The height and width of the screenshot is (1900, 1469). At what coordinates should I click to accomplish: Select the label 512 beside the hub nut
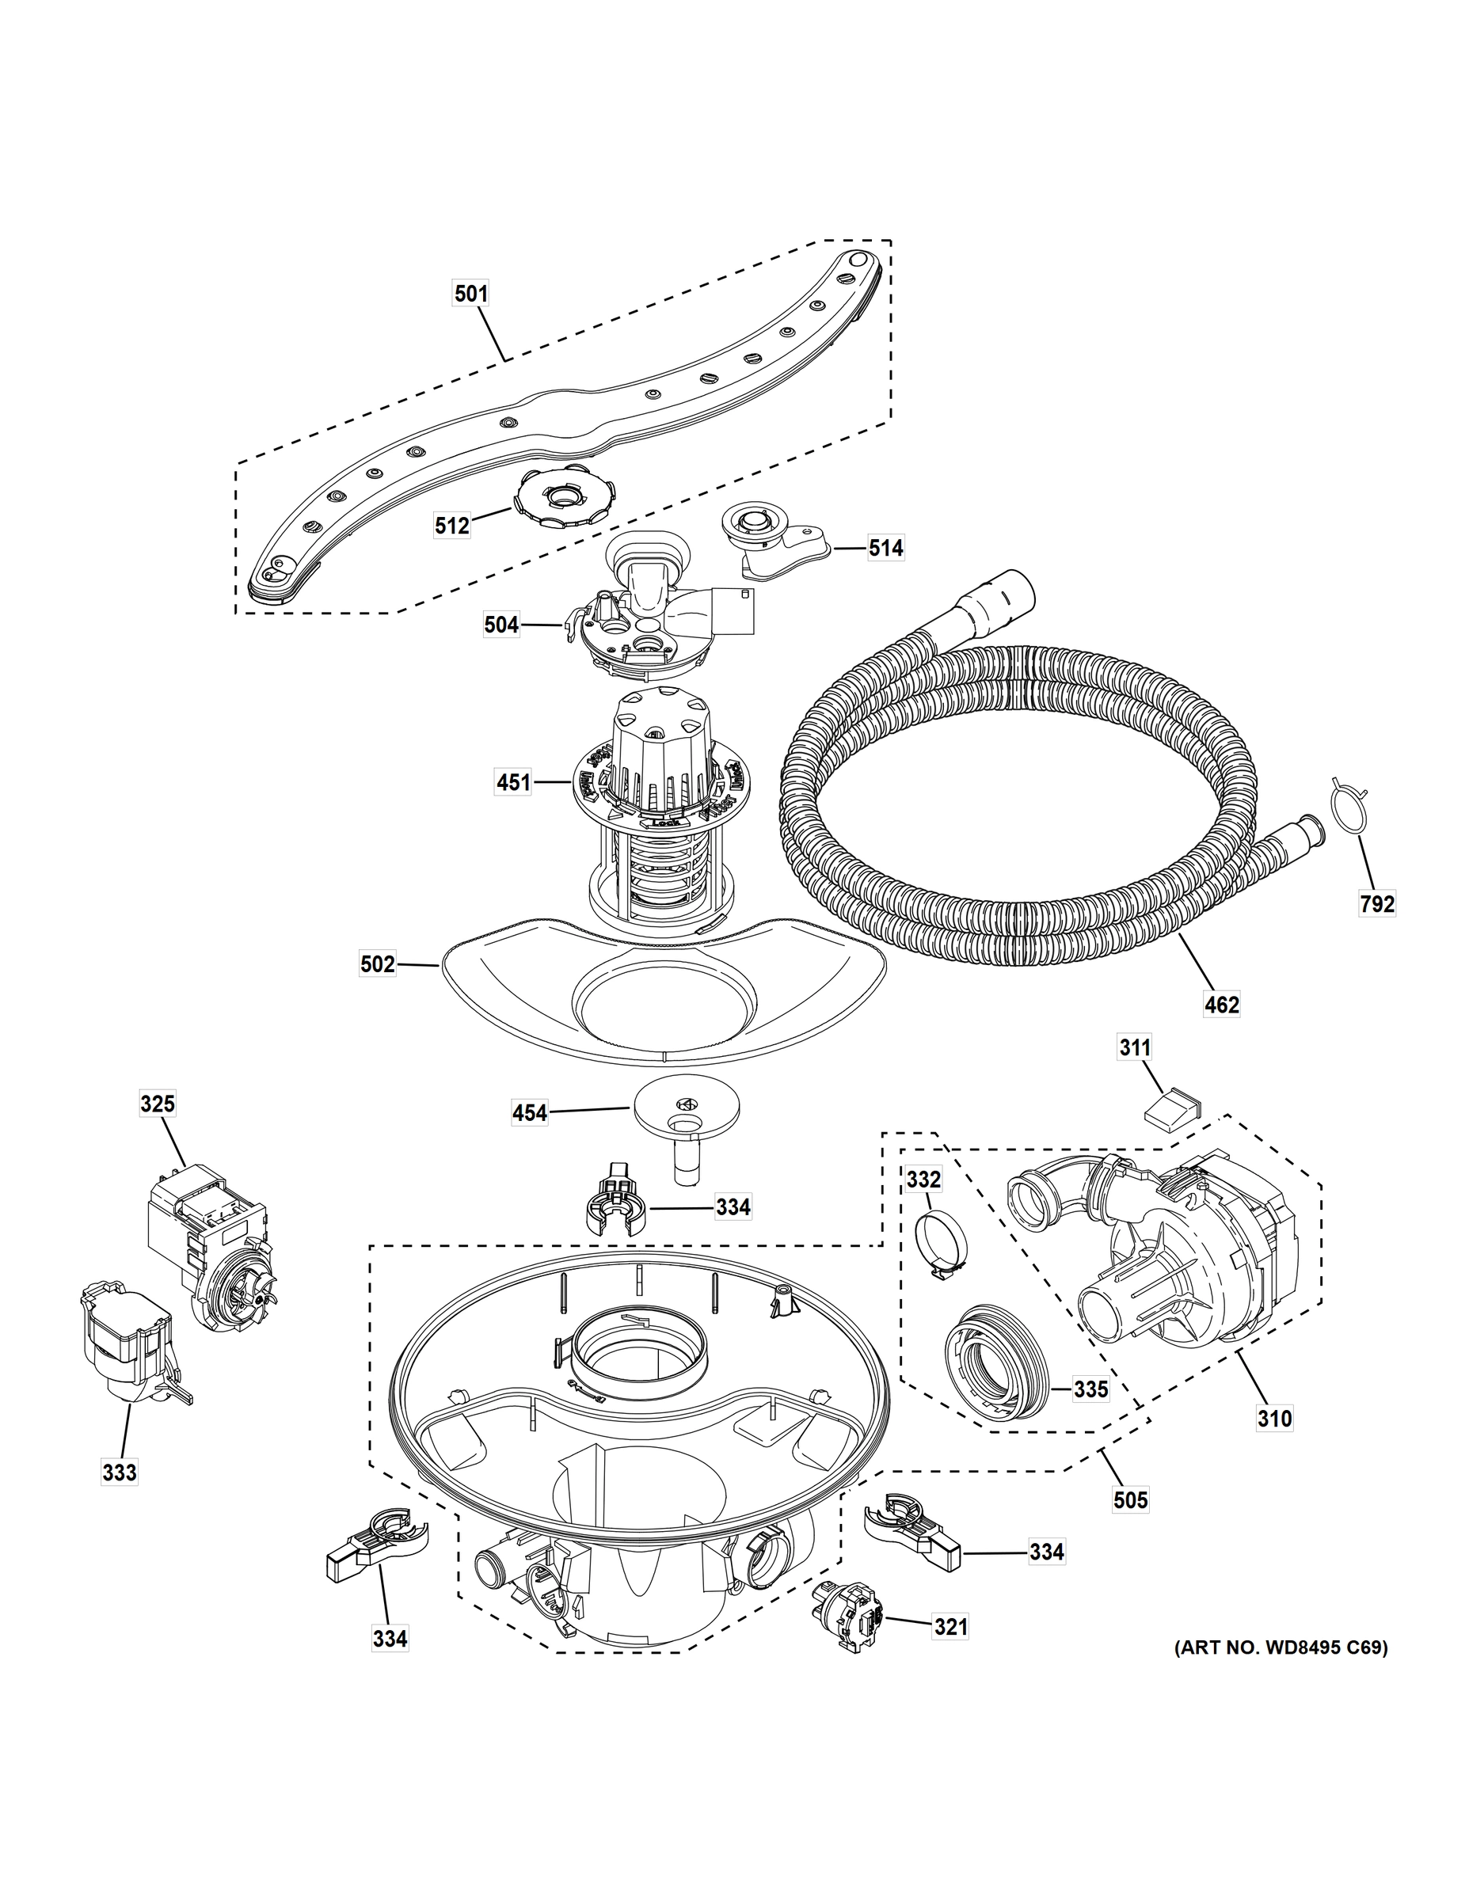click(451, 525)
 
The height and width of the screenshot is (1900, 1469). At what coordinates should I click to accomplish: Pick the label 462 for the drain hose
click(1221, 1005)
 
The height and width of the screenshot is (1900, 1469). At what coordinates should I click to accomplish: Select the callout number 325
click(158, 1104)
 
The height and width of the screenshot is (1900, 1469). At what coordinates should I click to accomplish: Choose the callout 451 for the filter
click(512, 782)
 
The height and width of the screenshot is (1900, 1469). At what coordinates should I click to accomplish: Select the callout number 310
click(1274, 1419)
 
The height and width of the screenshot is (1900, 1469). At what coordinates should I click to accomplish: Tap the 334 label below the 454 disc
click(733, 1206)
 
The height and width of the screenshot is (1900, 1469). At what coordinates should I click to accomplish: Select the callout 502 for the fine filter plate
click(378, 964)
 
